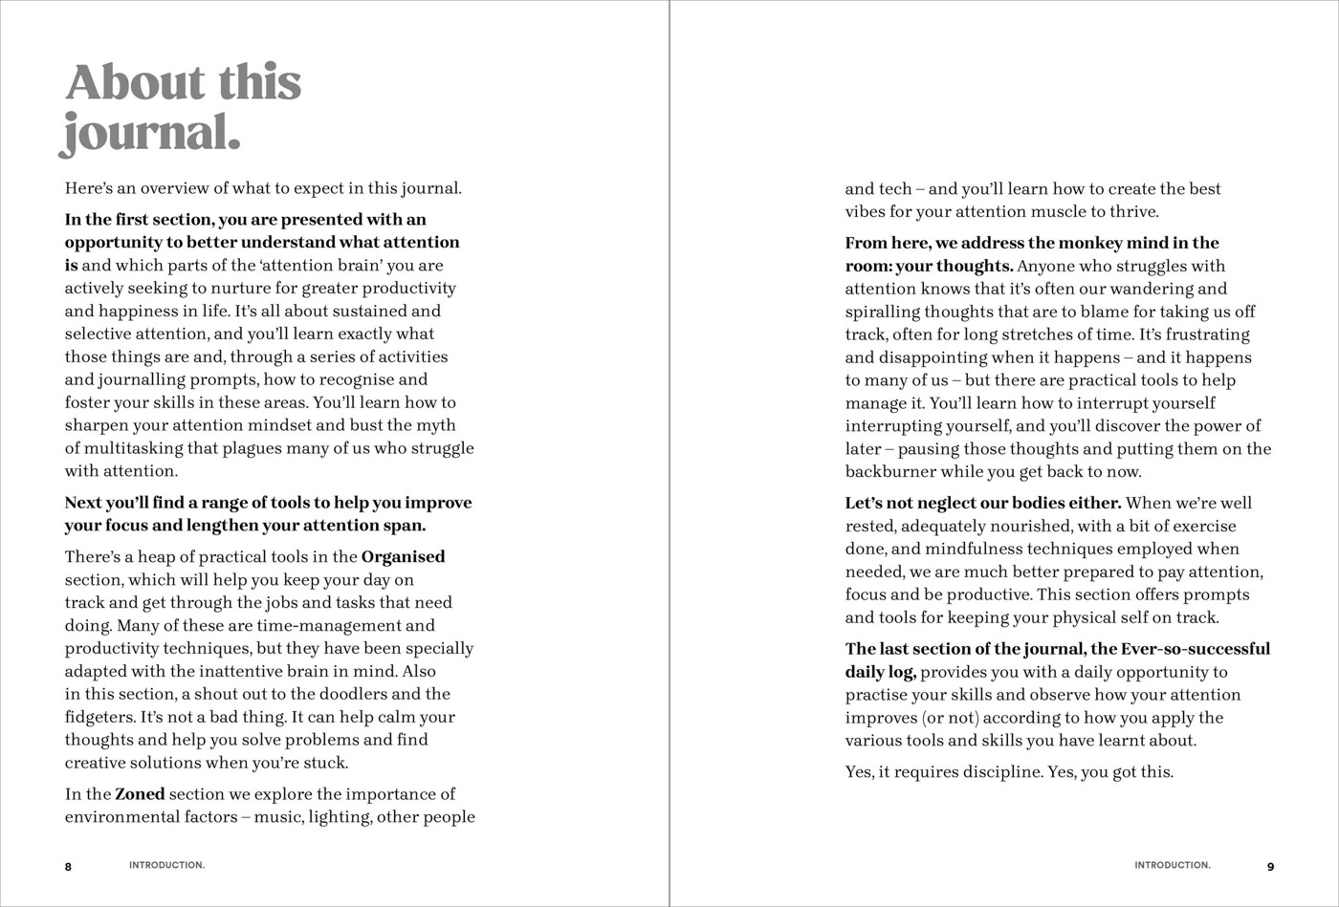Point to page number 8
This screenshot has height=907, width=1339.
point(68,867)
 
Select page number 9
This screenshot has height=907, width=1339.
point(1271,867)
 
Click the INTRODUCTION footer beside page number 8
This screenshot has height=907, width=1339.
point(166,866)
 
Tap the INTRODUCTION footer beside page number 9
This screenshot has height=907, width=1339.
point(1173,866)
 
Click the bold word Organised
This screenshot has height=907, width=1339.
point(404,556)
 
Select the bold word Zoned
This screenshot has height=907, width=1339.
point(140,793)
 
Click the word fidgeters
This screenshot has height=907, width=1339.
point(99,717)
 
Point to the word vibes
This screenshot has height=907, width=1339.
point(867,212)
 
